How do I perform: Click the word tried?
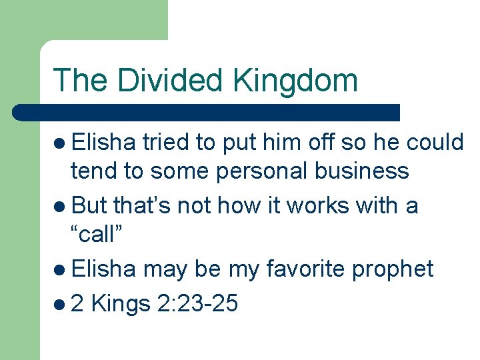tap(166, 142)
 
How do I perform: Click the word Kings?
tap(120, 304)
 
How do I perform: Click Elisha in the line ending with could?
tap(104, 142)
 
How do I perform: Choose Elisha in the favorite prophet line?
tap(104, 269)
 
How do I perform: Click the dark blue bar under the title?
tap(207, 112)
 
